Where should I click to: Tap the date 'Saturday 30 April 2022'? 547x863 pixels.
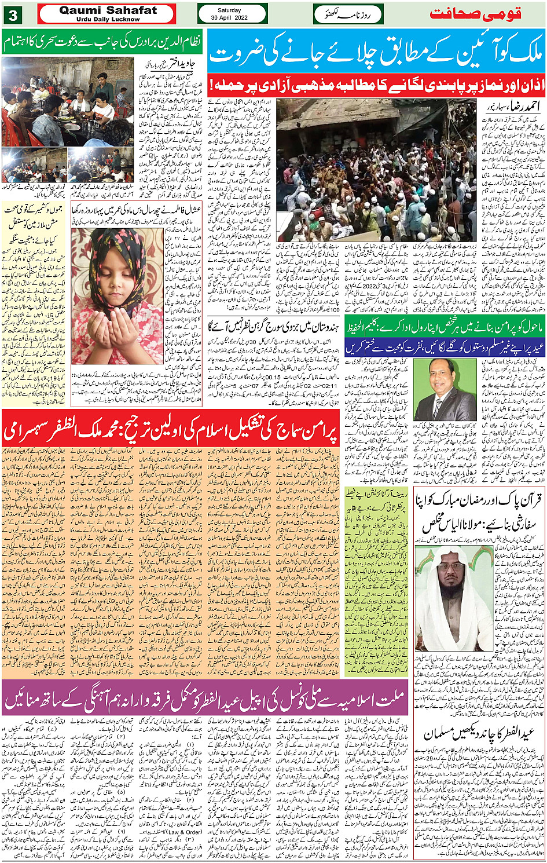[x=232, y=14]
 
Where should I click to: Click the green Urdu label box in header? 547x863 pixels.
[x=348, y=14]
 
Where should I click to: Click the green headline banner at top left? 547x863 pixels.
[x=102, y=42]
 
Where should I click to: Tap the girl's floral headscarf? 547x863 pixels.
[x=122, y=255]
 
